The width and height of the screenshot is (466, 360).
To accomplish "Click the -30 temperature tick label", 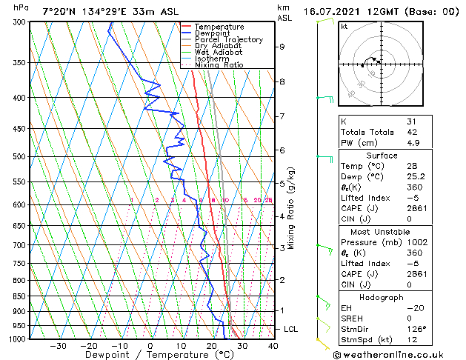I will [x=58, y=346].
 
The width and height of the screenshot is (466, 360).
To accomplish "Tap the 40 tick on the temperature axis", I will [x=273, y=346].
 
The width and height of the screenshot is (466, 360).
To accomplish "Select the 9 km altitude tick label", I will [x=282, y=47].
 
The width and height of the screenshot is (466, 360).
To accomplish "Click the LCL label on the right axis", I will [x=292, y=329].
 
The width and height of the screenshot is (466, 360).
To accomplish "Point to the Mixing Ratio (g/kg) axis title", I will [x=292, y=208].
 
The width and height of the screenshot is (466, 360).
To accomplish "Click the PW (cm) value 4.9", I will [x=411, y=143].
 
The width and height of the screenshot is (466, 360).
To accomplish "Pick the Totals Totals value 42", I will [x=411, y=132].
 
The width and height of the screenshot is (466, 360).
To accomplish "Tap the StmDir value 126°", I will [x=416, y=329].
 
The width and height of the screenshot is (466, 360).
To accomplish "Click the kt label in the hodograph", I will [x=344, y=27].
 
